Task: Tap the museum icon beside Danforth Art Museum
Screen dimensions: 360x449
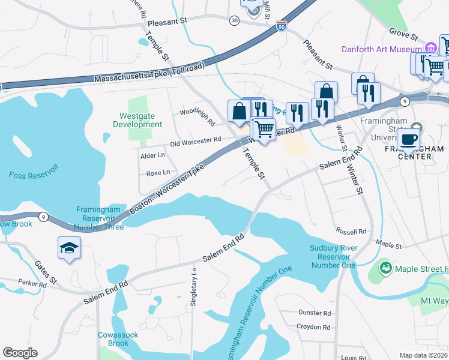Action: [x=430, y=49]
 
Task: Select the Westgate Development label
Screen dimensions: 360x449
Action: [x=137, y=120]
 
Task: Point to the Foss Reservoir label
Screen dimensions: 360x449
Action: [x=34, y=175]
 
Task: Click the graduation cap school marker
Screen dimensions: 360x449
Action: [x=69, y=247]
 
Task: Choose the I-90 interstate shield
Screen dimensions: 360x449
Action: [x=282, y=26]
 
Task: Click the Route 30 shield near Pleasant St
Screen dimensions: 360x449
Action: [x=234, y=20]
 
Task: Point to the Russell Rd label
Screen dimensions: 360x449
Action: [x=351, y=231]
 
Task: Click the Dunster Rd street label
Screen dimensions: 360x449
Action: [x=314, y=313]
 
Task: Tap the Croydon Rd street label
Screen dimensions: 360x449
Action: [x=314, y=328]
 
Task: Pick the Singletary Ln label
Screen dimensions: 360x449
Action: [x=193, y=287]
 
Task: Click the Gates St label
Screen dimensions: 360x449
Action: [x=45, y=272]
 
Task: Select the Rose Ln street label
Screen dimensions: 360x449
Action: [x=158, y=173]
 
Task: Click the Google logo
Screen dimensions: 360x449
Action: [x=20, y=353]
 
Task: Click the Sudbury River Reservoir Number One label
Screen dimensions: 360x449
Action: [x=334, y=256]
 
